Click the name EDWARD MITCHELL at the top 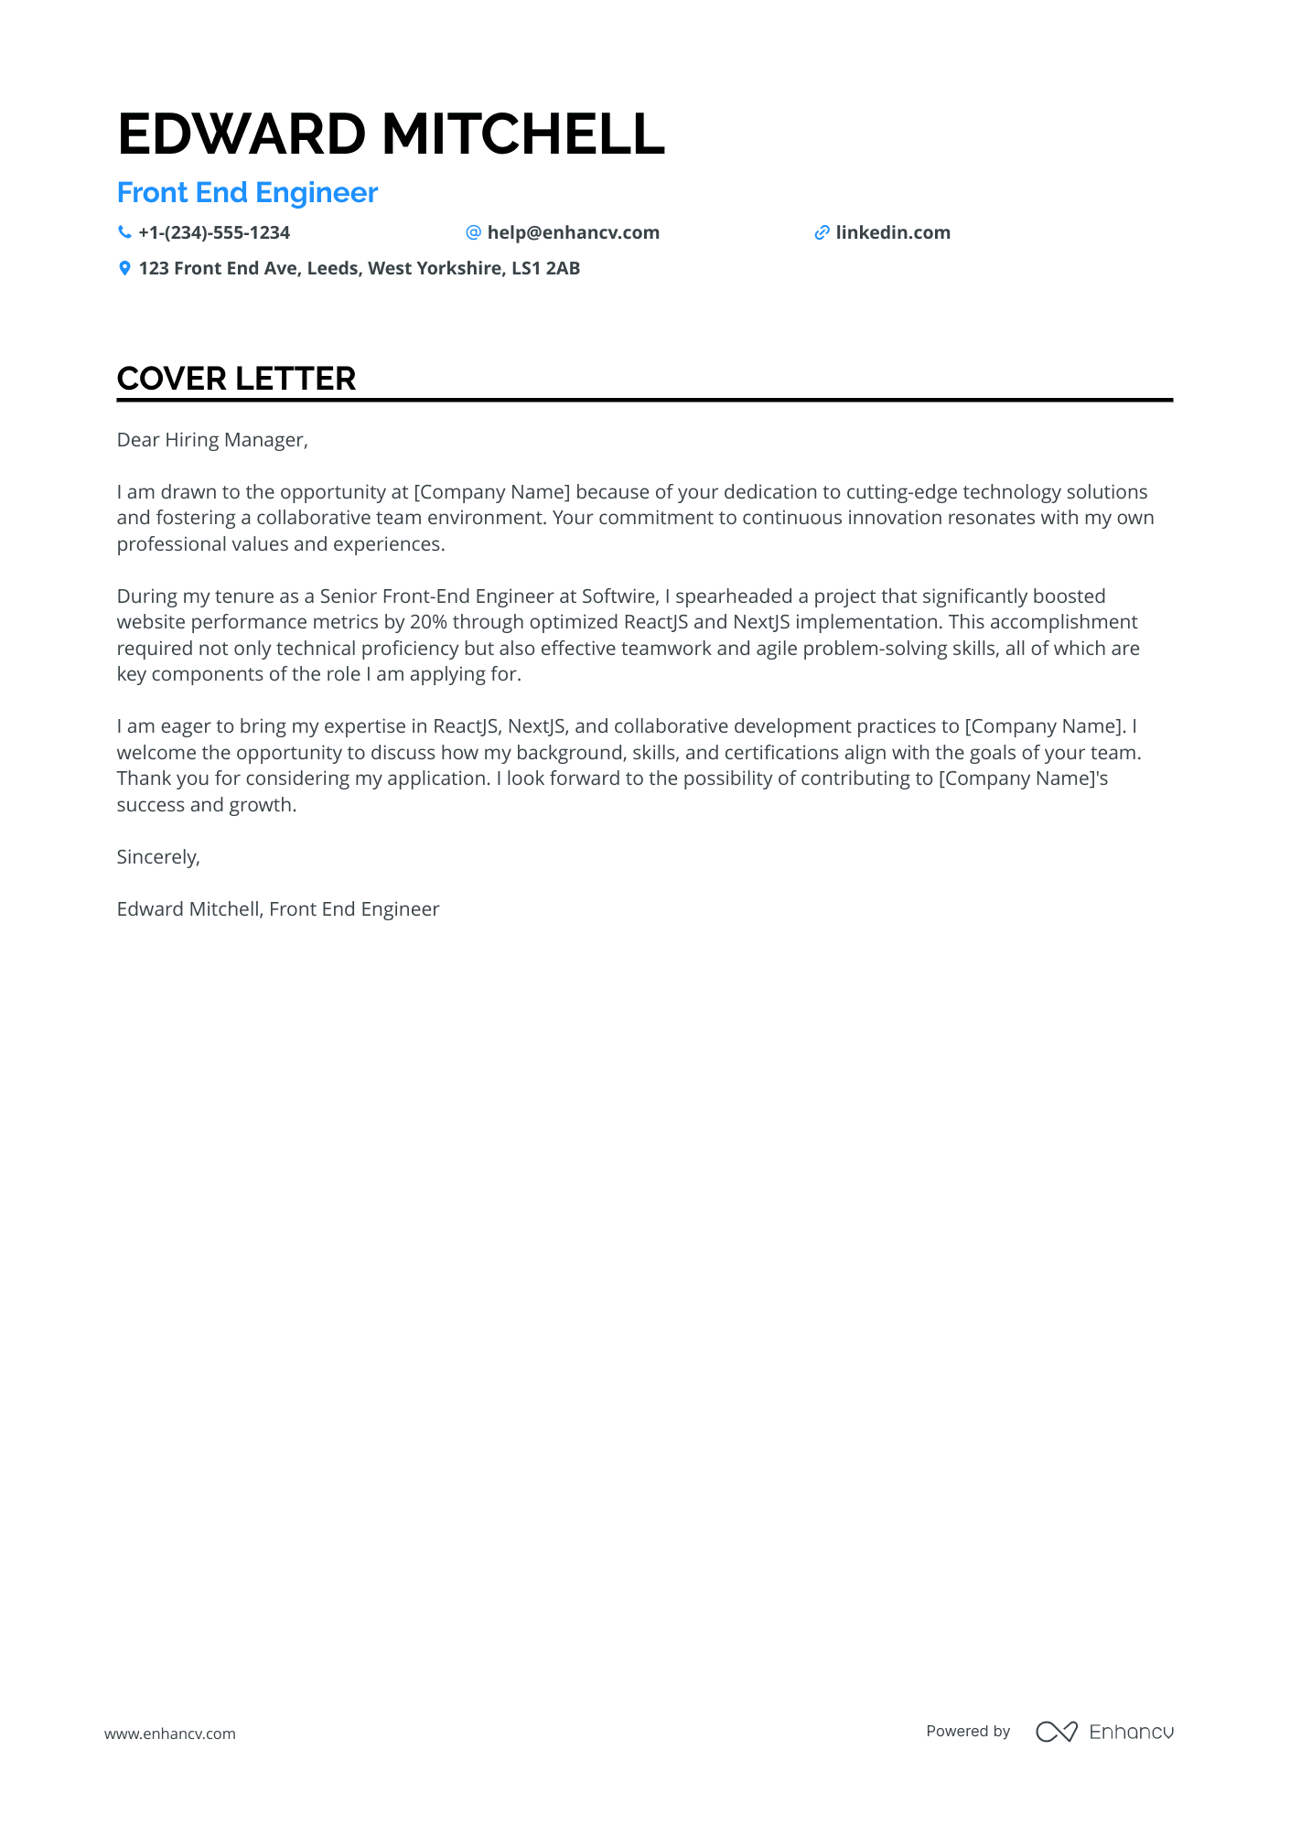(391, 134)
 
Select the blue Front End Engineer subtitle (247, 193)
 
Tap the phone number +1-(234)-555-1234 (214, 233)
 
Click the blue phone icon (124, 233)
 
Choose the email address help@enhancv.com (573, 233)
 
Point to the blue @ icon (473, 233)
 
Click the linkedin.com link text (892, 233)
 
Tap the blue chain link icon (822, 233)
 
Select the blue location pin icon (124, 269)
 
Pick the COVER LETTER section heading (236, 379)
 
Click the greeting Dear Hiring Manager (211, 440)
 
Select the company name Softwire (618, 596)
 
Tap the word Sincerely (157, 857)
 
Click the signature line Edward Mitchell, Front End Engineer (278, 909)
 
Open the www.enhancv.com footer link (170, 1734)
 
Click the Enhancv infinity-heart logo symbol (1056, 1732)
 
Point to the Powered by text (968, 1732)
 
